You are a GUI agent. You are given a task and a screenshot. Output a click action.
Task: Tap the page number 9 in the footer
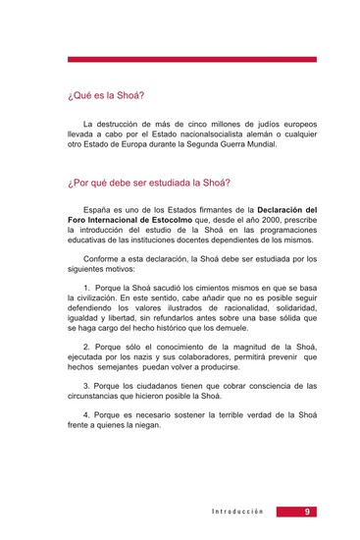point(308,512)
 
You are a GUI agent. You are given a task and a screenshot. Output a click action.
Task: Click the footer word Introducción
point(238,513)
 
